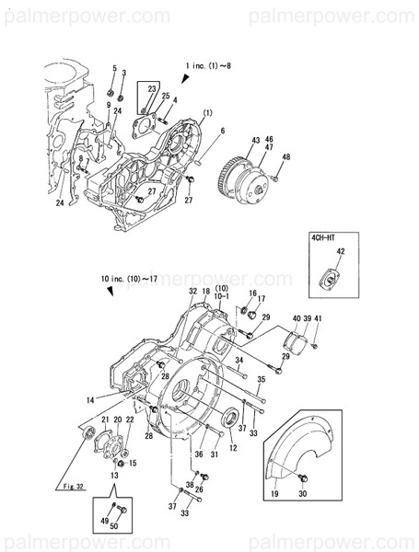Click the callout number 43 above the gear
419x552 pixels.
(255, 139)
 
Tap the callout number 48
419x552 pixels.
(286, 157)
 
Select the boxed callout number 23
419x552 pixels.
(152, 88)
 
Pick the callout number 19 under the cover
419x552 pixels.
(274, 494)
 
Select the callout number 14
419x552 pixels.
(91, 399)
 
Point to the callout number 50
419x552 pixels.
(115, 526)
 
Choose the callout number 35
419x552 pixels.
(261, 378)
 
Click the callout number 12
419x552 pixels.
(233, 447)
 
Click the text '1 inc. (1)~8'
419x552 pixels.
(207, 66)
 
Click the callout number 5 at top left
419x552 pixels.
(114, 70)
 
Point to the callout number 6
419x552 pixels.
(222, 132)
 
